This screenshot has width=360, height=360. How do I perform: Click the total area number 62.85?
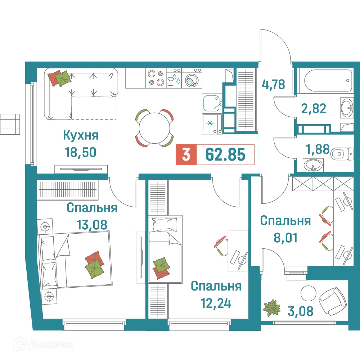click(x=225, y=154)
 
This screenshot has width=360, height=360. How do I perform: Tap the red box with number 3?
click(x=186, y=155)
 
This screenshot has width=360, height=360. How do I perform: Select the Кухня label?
click(x=81, y=136)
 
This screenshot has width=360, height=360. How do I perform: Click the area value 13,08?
click(x=92, y=225)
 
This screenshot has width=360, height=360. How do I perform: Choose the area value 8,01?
click(x=285, y=237)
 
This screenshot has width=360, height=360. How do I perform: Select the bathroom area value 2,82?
click(x=314, y=108)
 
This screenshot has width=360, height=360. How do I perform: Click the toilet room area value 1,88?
click(x=317, y=149)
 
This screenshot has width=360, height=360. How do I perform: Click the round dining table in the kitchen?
click(x=154, y=128)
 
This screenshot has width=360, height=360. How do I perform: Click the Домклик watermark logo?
click(x=40, y=345)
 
